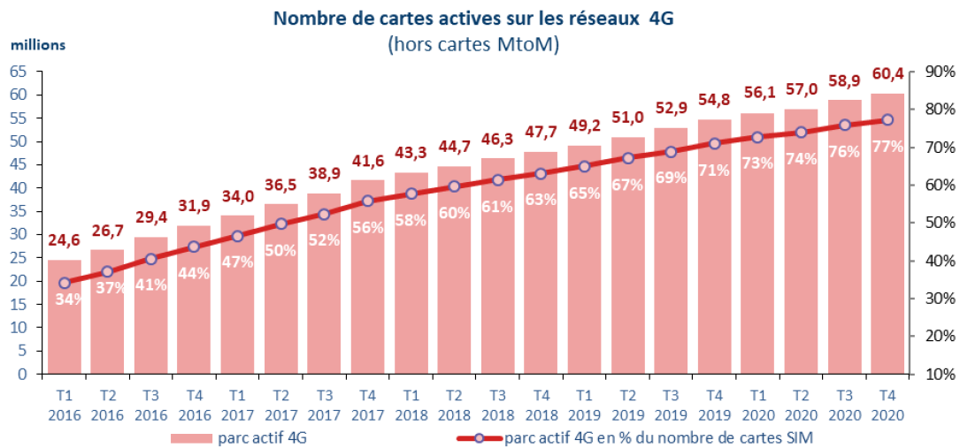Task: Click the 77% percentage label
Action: [887, 147]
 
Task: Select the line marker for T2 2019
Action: [627, 158]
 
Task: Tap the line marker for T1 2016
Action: [65, 284]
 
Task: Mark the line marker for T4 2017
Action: [368, 201]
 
